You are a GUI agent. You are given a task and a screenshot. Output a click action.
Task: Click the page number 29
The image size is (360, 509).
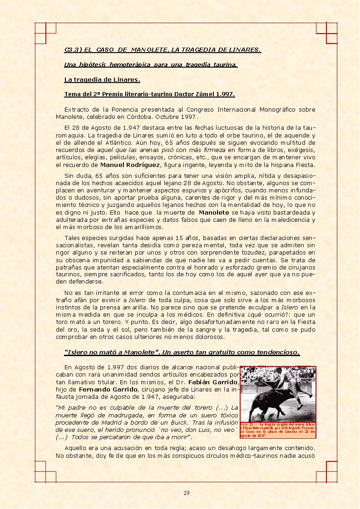point(187,493)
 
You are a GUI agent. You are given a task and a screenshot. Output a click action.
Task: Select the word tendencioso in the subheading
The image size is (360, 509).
point(274,352)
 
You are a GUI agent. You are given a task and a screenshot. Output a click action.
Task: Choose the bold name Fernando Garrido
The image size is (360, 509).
point(107,389)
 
